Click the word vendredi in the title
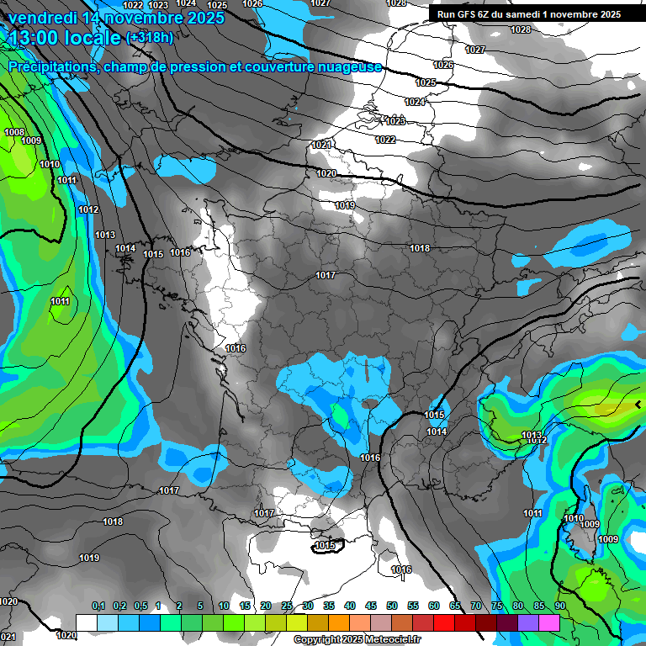click(40, 18)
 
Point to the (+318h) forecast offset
click(149, 38)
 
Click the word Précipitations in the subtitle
click(51, 67)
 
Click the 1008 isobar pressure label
click(14, 132)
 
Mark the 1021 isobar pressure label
click(321, 146)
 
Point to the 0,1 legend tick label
click(98, 606)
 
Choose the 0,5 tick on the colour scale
click(140, 606)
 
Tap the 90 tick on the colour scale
click(559, 606)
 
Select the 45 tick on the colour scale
click(371, 606)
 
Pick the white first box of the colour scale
click(87, 622)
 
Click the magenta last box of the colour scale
click(549, 622)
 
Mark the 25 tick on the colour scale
click(287, 606)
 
